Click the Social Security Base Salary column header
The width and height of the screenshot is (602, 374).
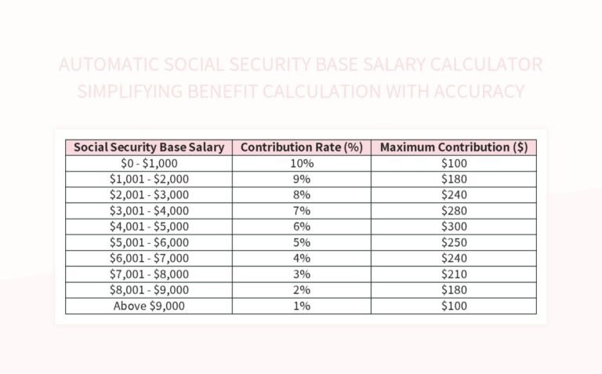pyautogui.click(x=149, y=147)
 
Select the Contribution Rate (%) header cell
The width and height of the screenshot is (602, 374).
pyautogui.click(x=302, y=147)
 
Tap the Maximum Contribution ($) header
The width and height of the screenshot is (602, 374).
pyautogui.click(x=454, y=147)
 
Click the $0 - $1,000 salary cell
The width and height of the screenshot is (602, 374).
pyautogui.click(x=149, y=163)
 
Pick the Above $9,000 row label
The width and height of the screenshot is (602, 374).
pyautogui.click(x=149, y=306)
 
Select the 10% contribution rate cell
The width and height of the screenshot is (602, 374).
pyautogui.click(x=302, y=163)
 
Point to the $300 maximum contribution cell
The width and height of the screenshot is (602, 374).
pyautogui.click(x=454, y=227)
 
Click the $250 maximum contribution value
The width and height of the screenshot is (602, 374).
pyautogui.click(x=454, y=242)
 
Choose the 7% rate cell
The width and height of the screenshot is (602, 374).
pyautogui.click(x=302, y=211)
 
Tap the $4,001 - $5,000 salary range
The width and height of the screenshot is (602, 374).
pyautogui.click(x=149, y=227)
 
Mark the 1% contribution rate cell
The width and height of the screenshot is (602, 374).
pyautogui.click(x=302, y=306)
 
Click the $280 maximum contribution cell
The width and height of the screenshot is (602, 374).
pyautogui.click(x=454, y=211)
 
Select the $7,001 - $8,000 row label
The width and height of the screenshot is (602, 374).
pyautogui.click(x=149, y=274)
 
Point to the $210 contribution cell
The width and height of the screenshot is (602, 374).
pyautogui.click(x=454, y=274)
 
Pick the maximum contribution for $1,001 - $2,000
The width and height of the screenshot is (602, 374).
pyautogui.click(x=454, y=179)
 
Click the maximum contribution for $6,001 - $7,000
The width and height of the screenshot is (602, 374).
pyautogui.click(x=454, y=258)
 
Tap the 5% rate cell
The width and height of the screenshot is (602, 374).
pyautogui.click(x=302, y=242)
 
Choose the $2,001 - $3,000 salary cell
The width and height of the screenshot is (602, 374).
pyautogui.click(x=149, y=194)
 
